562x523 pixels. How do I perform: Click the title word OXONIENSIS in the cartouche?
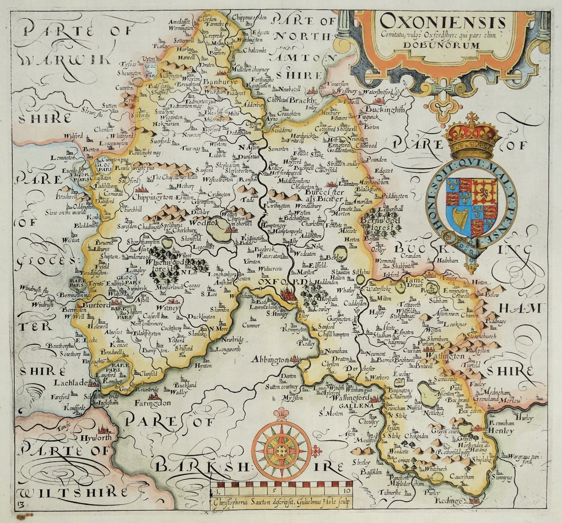(442, 22)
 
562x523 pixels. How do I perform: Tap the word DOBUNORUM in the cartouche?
(443, 45)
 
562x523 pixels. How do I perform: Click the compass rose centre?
(282, 450)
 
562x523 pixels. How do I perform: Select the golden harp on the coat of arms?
(461, 218)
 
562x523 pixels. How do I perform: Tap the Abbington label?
(269, 359)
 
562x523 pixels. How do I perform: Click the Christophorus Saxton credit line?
(281, 503)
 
